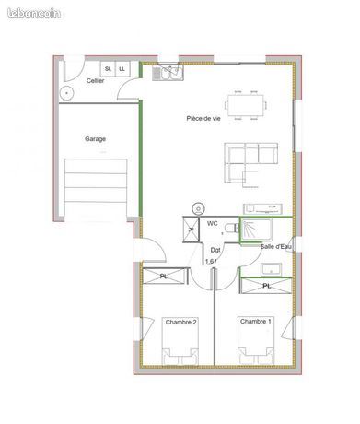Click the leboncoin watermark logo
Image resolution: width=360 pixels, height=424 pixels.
(x=34, y=13)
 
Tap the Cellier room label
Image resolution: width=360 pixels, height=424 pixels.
(x=95, y=81)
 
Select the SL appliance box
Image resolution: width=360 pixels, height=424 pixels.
(x=108, y=69)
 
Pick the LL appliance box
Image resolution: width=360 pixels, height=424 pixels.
(x=122, y=69)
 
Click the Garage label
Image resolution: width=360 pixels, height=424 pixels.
(x=95, y=139)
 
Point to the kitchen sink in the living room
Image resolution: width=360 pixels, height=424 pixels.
(x=168, y=73)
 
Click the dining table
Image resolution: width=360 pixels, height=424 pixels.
(x=246, y=105)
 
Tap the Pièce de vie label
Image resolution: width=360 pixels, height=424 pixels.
(x=203, y=118)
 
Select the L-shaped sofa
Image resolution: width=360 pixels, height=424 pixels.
(x=251, y=163)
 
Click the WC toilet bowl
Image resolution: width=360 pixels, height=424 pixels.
(x=231, y=229)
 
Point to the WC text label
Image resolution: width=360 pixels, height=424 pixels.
(x=213, y=223)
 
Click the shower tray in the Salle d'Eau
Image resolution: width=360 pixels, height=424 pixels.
(x=256, y=230)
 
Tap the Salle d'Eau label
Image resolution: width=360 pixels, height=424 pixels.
(x=275, y=246)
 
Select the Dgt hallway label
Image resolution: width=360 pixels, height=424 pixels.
(x=215, y=250)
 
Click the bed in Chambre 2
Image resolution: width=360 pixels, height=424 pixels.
(x=180, y=341)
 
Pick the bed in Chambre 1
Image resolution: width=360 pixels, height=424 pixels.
(x=256, y=340)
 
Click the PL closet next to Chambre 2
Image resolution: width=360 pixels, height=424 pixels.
(x=165, y=277)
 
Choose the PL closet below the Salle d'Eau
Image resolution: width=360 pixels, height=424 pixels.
(x=266, y=286)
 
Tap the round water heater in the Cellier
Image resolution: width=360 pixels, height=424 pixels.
(x=66, y=93)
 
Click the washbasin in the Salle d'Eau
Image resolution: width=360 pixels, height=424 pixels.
(x=272, y=269)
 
